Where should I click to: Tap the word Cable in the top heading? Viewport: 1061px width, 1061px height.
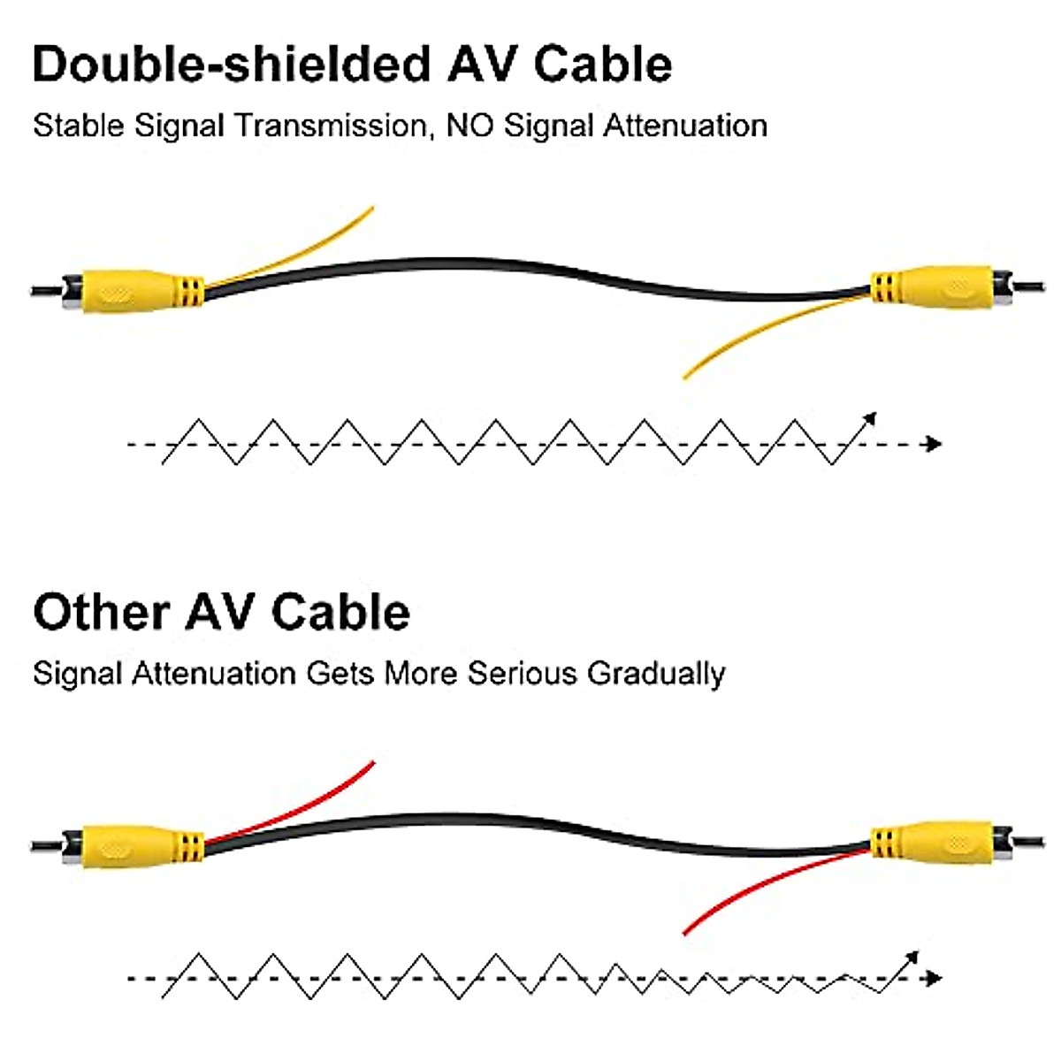(603, 65)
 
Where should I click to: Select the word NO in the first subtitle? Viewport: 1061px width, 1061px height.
(469, 126)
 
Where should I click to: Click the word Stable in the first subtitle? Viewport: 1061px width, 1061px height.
(78, 126)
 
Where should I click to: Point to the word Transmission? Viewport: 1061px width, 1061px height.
(331, 126)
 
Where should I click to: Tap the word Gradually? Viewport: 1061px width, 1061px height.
(656, 674)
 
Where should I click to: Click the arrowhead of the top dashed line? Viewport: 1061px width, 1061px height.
(933, 444)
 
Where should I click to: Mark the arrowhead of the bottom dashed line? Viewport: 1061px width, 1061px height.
(933, 978)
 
